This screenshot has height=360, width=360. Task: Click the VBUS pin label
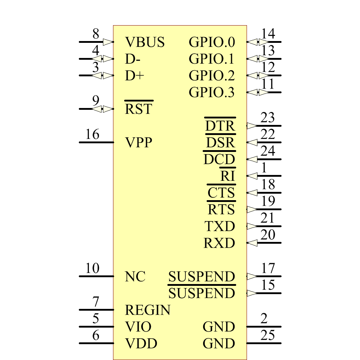tap(145, 42)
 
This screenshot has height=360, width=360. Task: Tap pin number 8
tap(96, 34)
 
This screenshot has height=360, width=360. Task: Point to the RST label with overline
tap(139, 109)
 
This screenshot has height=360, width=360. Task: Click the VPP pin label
tap(139, 143)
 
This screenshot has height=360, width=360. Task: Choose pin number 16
tap(92, 135)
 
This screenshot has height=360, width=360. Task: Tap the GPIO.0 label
tap(212, 42)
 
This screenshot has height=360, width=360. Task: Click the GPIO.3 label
tap(212, 93)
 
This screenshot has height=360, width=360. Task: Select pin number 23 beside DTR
tap(268, 118)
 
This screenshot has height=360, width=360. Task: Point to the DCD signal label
tap(219, 159)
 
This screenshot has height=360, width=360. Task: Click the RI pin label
tap(228, 176)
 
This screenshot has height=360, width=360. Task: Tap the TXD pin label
tap(220, 226)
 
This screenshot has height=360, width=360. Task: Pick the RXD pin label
tap(219, 243)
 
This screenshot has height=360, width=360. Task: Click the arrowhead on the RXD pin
tap(252, 243)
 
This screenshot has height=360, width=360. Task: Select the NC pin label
tap(135, 277)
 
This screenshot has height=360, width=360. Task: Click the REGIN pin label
tap(148, 310)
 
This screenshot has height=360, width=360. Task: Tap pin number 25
tap(268, 336)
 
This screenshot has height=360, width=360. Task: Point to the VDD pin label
tap(141, 344)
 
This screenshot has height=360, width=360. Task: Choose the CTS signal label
tap(221, 193)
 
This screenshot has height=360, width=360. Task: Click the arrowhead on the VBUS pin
tap(108, 42)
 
